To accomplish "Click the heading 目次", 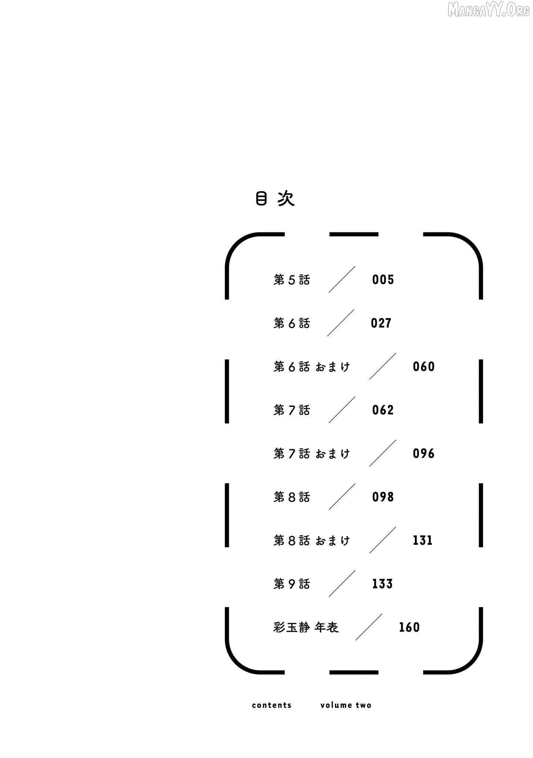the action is (x=275, y=199).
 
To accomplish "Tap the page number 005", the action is (x=383, y=279).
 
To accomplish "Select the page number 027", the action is (x=381, y=323).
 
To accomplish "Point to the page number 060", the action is (x=424, y=366).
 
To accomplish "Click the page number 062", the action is (x=383, y=410).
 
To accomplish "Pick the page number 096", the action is (x=424, y=453).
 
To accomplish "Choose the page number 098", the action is (x=383, y=497).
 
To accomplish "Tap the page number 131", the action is (x=423, y=540).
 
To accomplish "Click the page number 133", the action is (x=382, y=584).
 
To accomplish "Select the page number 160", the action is (x=409, y=627).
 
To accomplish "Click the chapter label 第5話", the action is (x=292, y=280).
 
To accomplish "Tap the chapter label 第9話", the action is (x=292, y=584).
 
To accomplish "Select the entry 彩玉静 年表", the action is (x=306, y=627).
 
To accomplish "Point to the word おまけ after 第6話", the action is (x=333, y=367).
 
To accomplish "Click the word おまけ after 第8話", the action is (x=333, y=541).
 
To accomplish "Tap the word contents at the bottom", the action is (x=272, y=705).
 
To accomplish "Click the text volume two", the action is (x=346, y=705).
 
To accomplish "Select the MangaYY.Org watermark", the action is (x=489, y=10).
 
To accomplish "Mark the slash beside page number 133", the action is (x=342, y=584).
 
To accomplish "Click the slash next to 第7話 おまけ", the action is (x=383, y=453).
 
